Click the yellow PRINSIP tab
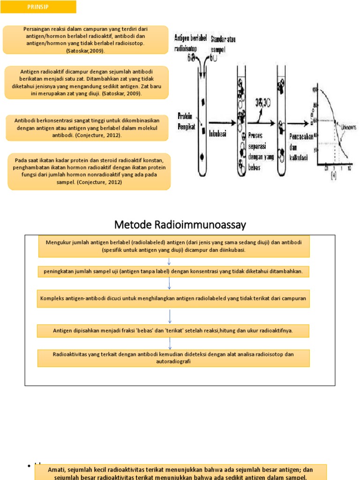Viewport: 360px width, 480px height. click(x=38, y=7)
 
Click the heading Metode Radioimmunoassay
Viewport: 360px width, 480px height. click(x=180, y=225)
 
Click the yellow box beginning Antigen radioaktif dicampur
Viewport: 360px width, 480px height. click(x=86, y=82)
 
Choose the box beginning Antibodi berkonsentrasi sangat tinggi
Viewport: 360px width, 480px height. click(x=87, y=127)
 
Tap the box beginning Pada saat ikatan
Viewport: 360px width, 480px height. click(x=89, y=171)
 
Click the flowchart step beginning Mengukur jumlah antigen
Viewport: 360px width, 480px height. click(x=173, y=246)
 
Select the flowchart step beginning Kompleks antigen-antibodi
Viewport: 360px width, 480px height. click(x=173, y=298)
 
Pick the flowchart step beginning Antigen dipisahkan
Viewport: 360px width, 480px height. click(x=173, y=330)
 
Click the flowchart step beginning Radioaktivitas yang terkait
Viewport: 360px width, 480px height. click(x=173, y=358)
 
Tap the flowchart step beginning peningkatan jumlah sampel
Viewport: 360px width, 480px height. click(x=173, y=271)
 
